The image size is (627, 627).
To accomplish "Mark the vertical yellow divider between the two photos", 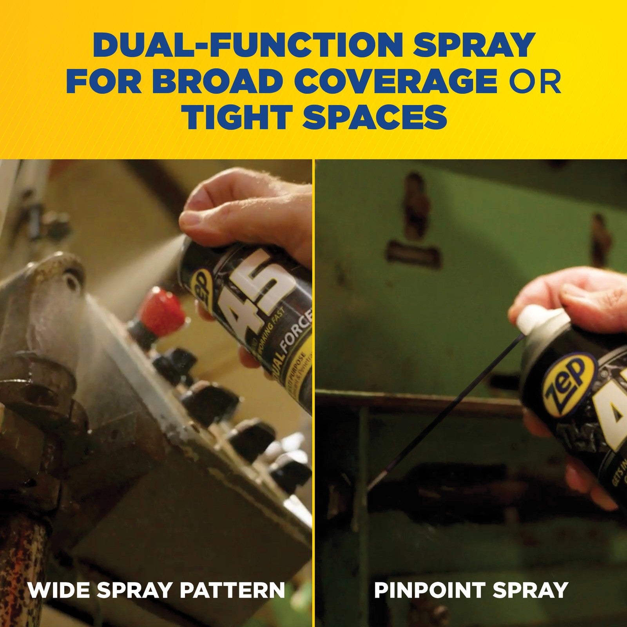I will coord(314,392).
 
